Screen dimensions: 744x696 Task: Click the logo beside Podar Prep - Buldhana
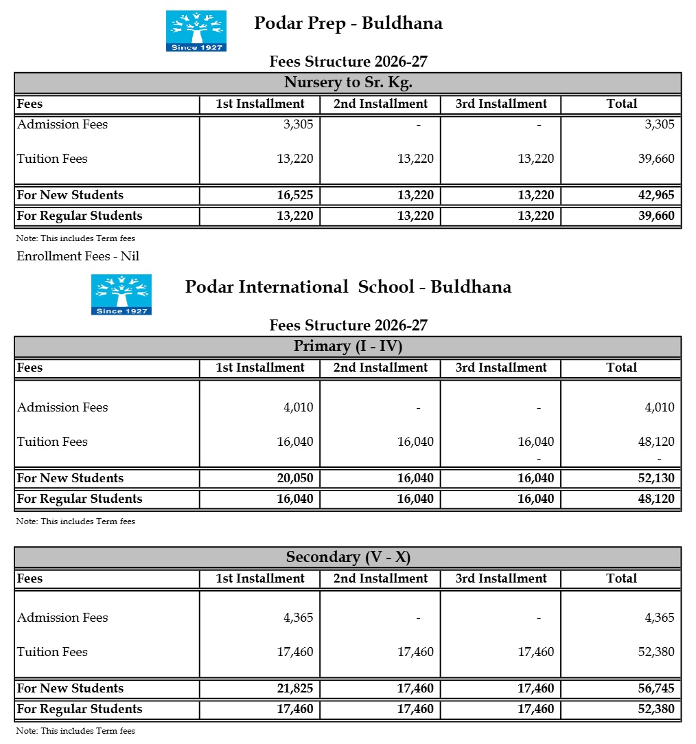tap(196, 31)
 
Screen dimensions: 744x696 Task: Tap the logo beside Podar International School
tap(121, 295)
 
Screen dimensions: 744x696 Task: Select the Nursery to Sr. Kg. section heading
tap(347, 83)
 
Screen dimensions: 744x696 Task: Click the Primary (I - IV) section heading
tap(347, 346)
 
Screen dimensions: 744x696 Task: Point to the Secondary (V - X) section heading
tap(347, 557)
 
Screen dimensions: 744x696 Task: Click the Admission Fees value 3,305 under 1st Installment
tap(298, 124)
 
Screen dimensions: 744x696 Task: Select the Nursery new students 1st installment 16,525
tap(294, 195)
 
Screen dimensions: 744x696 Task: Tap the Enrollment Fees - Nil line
tap(78, 256)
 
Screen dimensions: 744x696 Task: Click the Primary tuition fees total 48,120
tap(656, 442)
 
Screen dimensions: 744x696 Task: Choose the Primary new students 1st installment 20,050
tap(294, 478)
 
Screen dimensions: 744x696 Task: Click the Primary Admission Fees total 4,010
tap(659, 407)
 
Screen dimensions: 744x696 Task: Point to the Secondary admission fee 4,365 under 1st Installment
tap(298, 618)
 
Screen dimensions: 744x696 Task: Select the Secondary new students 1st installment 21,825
tap(294, 688)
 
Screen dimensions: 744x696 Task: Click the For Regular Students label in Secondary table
tap(80, 709)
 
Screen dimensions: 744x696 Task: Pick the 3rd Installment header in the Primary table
tap(501, 368)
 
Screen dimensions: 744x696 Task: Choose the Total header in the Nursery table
tap(621, 104)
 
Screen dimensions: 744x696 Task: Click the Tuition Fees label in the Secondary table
tap(52, 652)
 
